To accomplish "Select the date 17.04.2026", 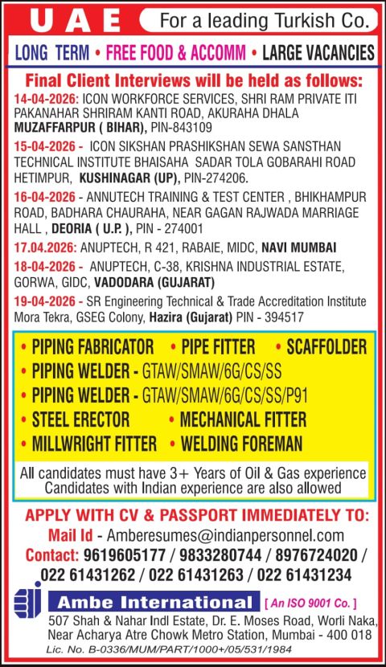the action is [x=45, y=247].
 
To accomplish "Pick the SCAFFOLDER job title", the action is [x=320, y=347].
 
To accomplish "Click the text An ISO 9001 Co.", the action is [x=310, y=602].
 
